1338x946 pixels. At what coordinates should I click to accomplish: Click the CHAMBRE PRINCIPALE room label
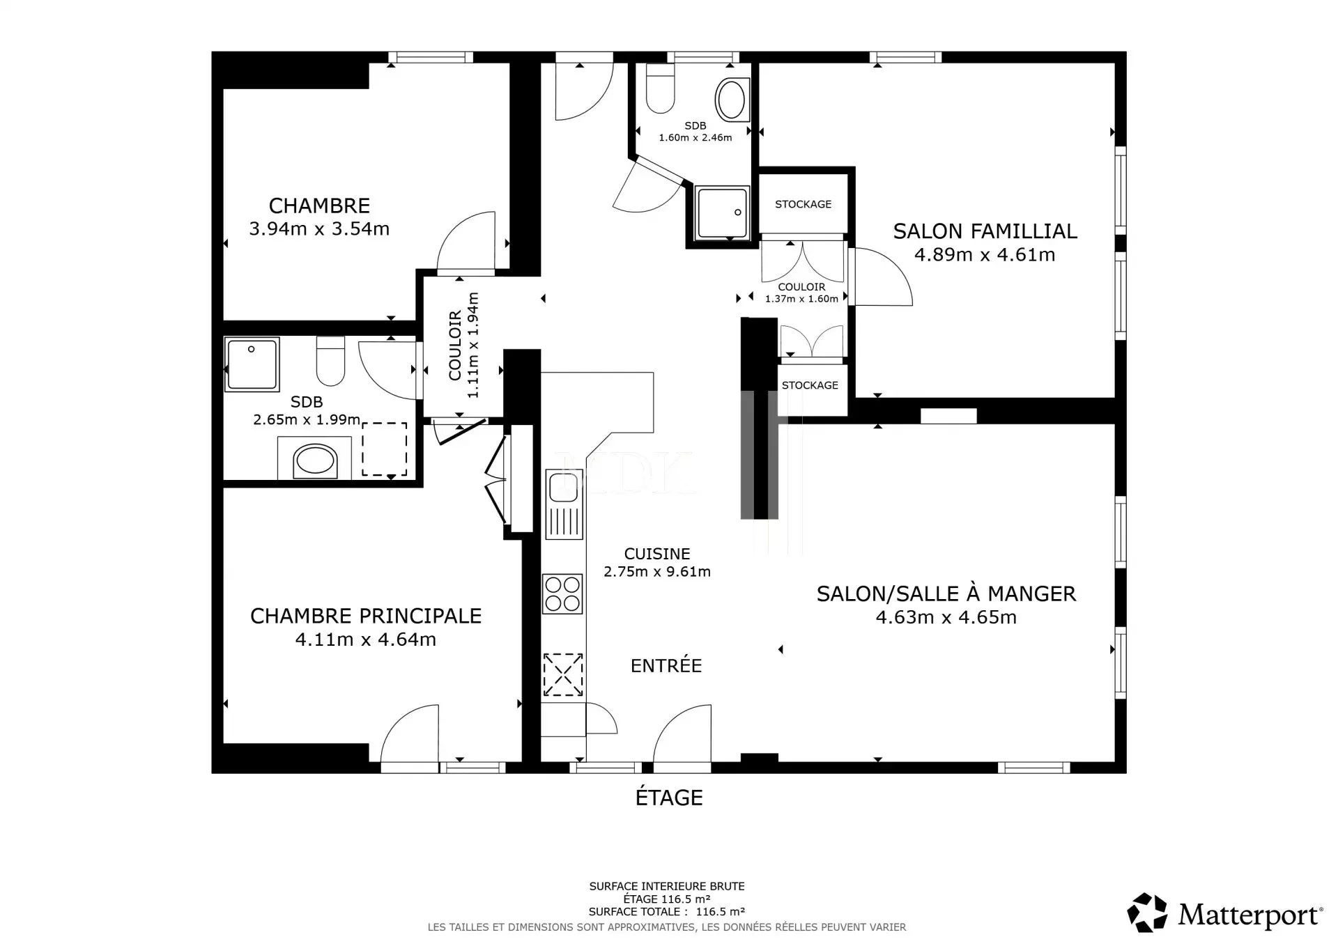[366, 616]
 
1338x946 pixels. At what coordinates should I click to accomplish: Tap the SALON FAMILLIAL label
[985, 231]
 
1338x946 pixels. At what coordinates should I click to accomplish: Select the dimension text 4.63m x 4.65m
[946, 617]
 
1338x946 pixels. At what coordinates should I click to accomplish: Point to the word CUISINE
[657, 554]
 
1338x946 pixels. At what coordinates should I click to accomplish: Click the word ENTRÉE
[666, 665]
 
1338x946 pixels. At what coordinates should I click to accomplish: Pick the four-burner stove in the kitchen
[563, 594]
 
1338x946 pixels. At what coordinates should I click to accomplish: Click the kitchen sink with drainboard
[564, 504]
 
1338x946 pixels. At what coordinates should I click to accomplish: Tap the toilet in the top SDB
[661, 88]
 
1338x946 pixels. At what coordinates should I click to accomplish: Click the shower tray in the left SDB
[252, 364]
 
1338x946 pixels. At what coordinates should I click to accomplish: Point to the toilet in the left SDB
[330, 361]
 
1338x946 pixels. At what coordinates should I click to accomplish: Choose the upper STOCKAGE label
[803, 204]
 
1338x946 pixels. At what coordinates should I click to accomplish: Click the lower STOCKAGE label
[810, 385]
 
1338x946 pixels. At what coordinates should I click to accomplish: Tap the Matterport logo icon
[1147, 913]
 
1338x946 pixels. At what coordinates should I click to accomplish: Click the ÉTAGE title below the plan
[669, 797]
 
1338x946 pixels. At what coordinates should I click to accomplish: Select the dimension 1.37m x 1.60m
[801, 299]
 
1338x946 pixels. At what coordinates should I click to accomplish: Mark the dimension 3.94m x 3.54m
[319, 228]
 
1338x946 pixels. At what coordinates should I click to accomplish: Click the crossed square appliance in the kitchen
[563, 674]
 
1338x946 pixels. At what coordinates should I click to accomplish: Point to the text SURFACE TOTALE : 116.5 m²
[667, 912]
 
